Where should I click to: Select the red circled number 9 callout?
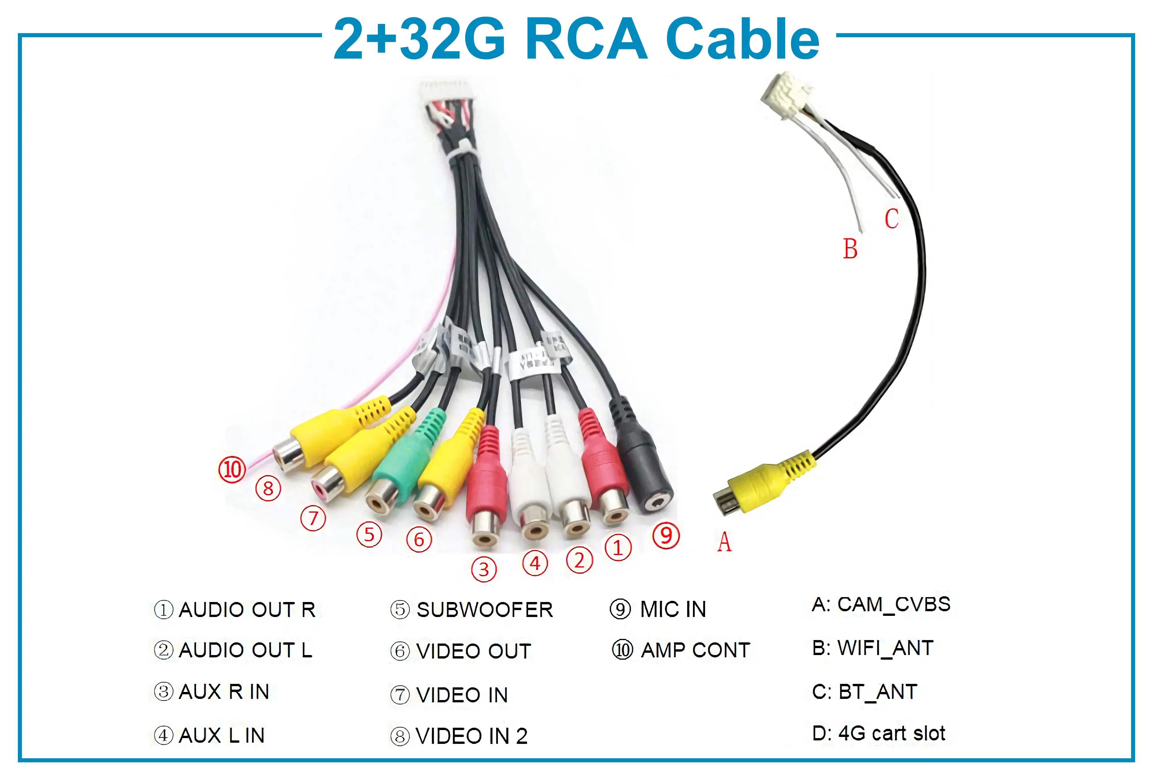coord(666,535)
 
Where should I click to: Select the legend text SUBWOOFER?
coord(484,610)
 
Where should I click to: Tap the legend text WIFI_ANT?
coord(885,648)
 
